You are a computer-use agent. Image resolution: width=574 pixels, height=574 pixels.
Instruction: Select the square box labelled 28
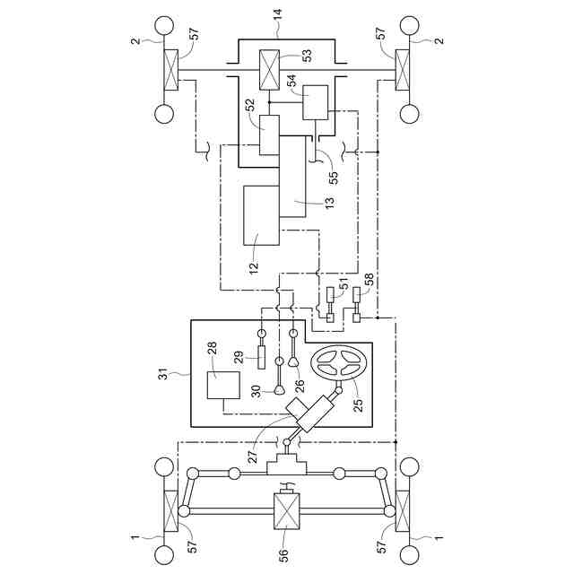pos(223,385)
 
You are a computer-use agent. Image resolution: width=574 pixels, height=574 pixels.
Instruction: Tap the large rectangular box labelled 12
pos(261,215)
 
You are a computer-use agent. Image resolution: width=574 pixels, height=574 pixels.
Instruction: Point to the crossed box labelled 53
pos(269,70)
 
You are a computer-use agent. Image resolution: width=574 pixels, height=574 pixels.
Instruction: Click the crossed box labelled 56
pos(287,511)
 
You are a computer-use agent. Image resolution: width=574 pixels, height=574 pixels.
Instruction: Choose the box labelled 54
pos(315,102)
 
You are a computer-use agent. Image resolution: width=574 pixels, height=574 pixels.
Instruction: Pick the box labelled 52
pos(269,135)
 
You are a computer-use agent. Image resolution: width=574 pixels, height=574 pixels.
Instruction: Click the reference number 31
pos(163,374)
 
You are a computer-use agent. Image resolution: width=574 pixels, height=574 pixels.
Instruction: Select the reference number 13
pos(330,203)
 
